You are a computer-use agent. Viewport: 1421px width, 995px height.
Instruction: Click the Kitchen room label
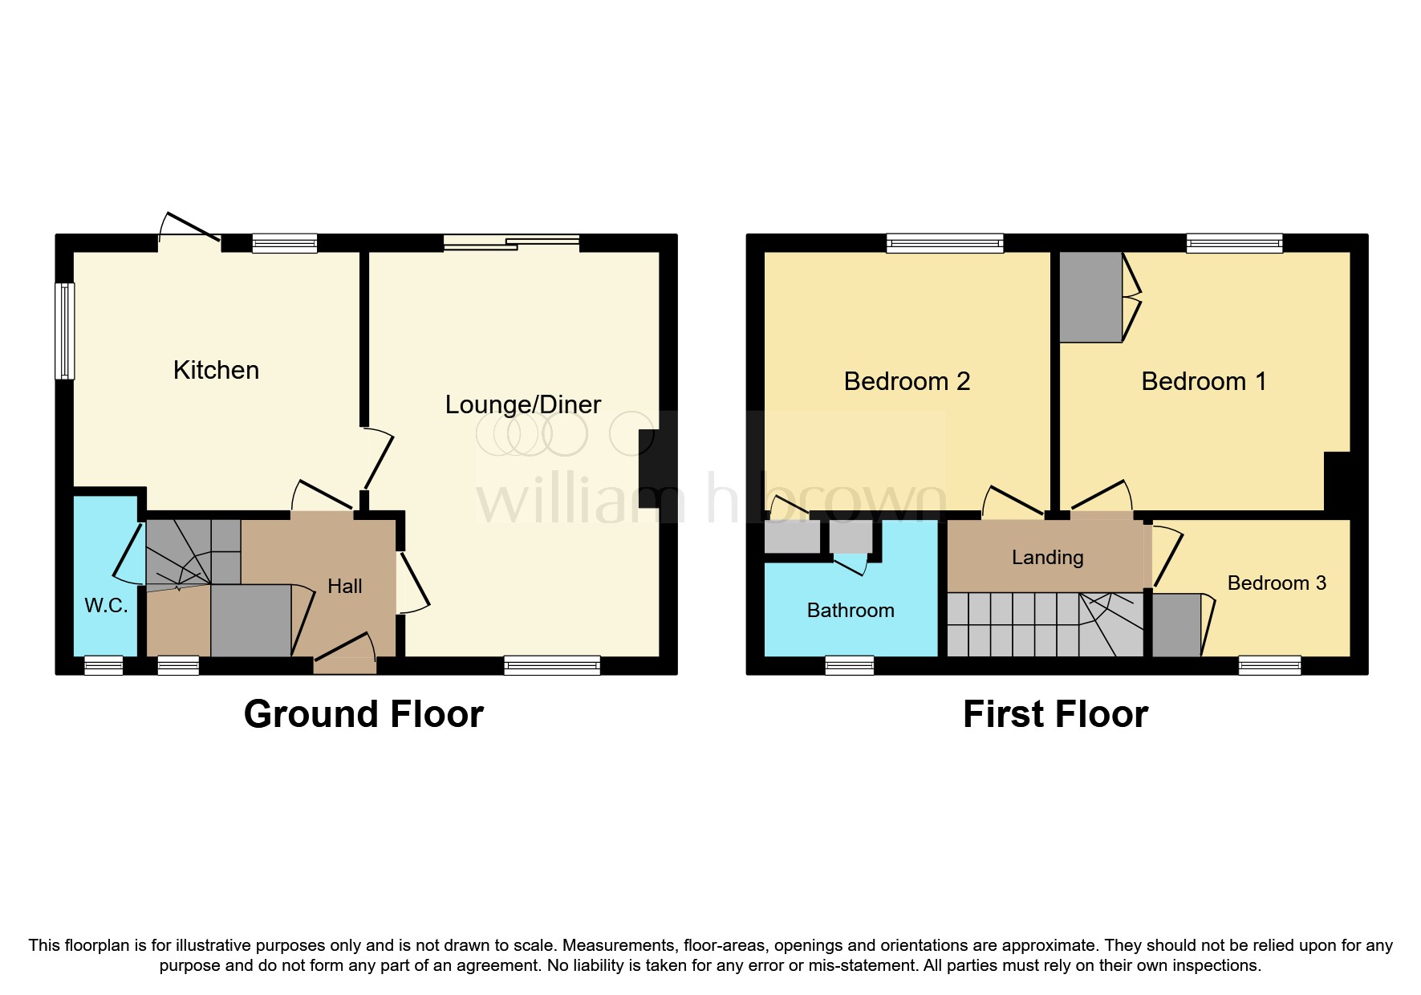pos(216,370)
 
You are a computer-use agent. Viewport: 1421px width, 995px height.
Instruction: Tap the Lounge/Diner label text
pos(522,404)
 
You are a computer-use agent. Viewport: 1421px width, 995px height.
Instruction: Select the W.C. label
pos(106,605)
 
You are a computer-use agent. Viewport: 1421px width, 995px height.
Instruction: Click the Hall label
pos(345,587)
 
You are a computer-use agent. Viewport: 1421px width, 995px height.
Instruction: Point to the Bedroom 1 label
pos(1204,381)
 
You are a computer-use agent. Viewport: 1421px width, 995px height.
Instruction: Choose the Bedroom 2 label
pos(907,381)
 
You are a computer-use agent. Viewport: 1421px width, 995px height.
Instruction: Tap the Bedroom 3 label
pos(1277,583)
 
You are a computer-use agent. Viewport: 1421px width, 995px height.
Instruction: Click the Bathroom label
pos(851,611)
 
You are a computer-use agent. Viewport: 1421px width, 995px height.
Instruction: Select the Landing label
pos(1047,557)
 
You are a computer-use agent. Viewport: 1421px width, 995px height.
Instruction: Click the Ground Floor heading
pos(363,714)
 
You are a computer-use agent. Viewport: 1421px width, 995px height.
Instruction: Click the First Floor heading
pos(1055,714)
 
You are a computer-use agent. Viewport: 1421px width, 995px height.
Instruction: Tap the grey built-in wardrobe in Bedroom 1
pos(1090,298)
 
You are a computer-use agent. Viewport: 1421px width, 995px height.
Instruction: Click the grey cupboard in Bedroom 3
pos(1176,625)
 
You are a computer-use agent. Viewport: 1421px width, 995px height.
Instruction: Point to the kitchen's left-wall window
pos(65,330)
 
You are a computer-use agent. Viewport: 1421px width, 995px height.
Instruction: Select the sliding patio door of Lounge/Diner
pos(511,242)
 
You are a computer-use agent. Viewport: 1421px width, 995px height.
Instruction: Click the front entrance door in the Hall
pos(345,664)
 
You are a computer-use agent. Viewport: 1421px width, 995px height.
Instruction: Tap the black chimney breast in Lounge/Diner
pos(648,469)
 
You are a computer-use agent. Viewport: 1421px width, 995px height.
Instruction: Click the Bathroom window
pos(850,665)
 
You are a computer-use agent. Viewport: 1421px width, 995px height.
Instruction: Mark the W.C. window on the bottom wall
pos(104,665)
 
